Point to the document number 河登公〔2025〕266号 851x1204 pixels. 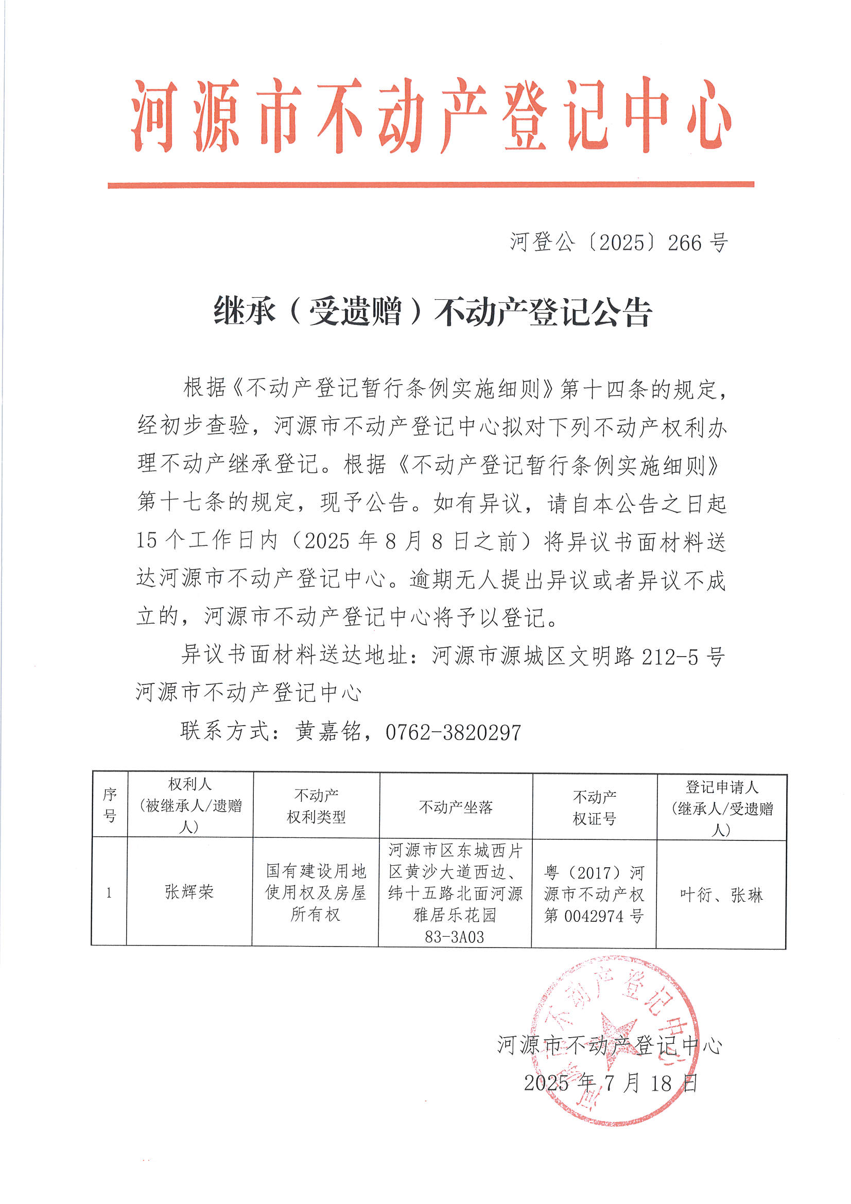(x=619, y=243)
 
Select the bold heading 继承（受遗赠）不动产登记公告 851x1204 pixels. (x=432, y=312)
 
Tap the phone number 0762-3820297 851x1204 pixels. (x=453, y=733)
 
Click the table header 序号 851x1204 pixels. (x=110, y=805)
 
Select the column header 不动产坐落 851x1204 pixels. (x=456, y=807)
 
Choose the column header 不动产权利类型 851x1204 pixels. (x=316, y=806)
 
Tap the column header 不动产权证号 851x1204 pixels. (x=594, y=807)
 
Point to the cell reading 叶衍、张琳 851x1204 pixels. (x=721, y=895)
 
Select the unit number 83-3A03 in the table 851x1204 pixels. (x=455, y=937)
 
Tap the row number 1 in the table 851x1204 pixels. (x=109, y=893)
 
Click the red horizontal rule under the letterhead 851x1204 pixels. (x=430, y=184)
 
